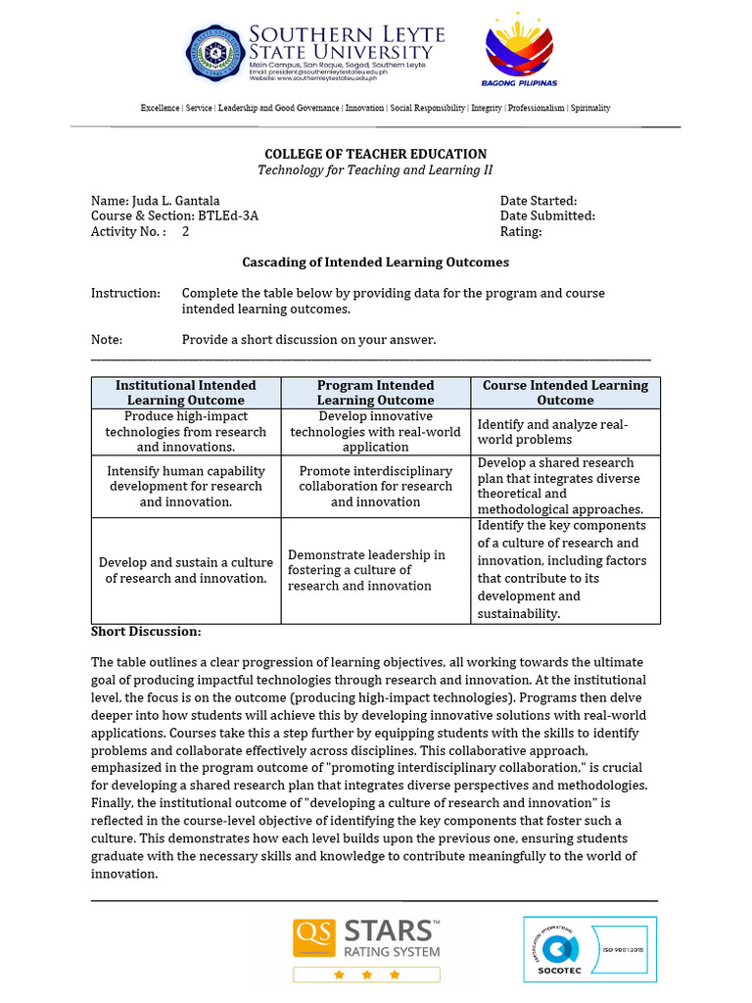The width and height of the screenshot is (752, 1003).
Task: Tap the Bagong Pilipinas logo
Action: pyautogui.click(x=518, y=52)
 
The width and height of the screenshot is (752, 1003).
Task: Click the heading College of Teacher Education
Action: pyautogui.click(x=376, y=154)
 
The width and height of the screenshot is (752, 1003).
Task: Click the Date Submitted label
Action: pyautogui.click(x=546, y=216)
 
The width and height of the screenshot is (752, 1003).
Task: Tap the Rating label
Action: pyautogui.click(x=520, y=232)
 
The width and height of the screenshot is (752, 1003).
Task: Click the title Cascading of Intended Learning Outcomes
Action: pyautogui.click(x=375, y=263)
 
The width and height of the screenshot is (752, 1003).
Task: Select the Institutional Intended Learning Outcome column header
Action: pyautogui.click(x=186, y=393)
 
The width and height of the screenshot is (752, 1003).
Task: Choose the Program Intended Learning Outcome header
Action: pyautogui.click(x=375, y=393)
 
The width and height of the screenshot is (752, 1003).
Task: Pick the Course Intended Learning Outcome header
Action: pyautogui.click(x=565, y=393)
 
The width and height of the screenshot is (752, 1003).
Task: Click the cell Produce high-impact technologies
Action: pyautogui.click(x=186, y=431)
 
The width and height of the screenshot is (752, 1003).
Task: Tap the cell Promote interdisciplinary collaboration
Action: pyautogui.click(x=375, y=486)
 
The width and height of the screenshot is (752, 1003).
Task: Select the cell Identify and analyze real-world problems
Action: pyautogui.click(x=552, y=432)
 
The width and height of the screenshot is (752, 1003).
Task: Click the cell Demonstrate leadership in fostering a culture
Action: pyautogui.click(x=366, y=570)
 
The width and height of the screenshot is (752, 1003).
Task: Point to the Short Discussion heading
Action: pyautogui.click(x=146, y=631)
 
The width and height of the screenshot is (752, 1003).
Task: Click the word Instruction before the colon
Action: pyautogui.click(x=124, y=293)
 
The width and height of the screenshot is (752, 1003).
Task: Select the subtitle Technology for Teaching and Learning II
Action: pyautogui.click(x=375, y=170)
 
